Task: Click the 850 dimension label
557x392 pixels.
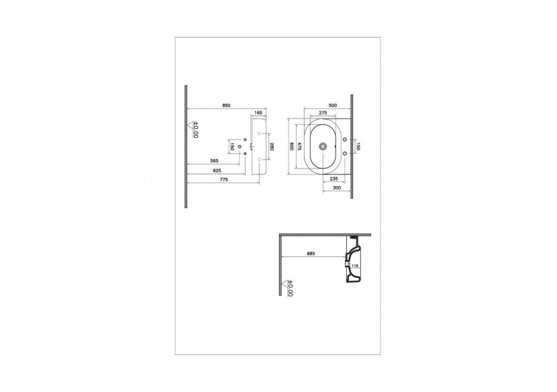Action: [x=226, y=105]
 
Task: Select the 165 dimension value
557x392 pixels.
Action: [x=258, y=113]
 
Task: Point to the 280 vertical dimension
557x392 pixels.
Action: [x=272, y=146]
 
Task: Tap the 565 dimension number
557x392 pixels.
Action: [x=215, y=161]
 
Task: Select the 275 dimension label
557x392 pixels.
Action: [x=322, y=113]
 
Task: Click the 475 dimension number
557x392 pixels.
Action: [x=300, y=146]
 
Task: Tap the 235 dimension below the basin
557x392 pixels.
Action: [x=334, y=179]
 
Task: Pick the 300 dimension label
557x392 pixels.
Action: [x=336, y=188]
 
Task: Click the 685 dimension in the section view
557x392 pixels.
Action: [x=311, y=254]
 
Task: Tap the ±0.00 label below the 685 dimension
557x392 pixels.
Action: [x=290, y=288]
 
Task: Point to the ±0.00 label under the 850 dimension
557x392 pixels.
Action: [x=195, y=129]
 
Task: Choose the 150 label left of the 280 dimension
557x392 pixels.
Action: [x=232, y=146]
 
